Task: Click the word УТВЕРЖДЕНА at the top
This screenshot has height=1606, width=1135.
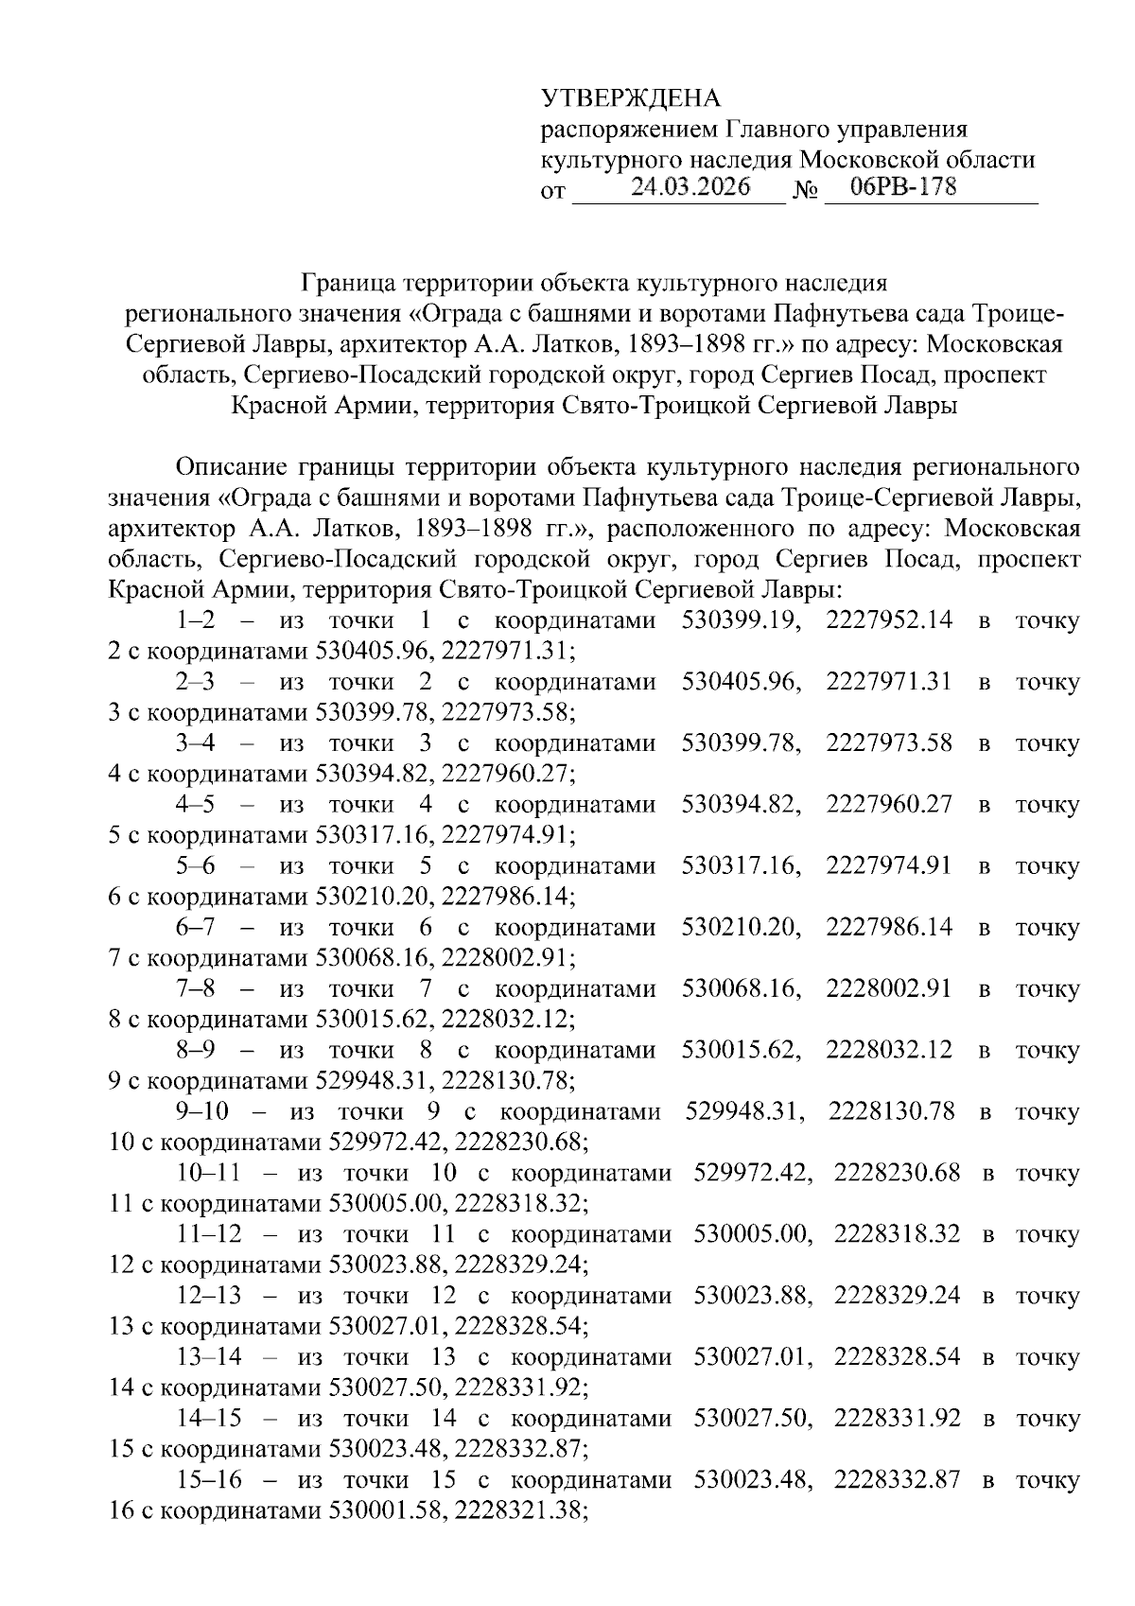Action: point(630,98)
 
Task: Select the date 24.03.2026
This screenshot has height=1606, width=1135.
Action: point(690,187)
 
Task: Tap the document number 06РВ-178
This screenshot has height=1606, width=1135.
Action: point(903,187)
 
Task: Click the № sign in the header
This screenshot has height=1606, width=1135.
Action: point(805,192)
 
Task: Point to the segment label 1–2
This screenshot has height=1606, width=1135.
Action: point(196,621)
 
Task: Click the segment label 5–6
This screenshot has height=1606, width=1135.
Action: point(196,866)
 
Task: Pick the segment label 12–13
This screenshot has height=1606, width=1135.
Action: point(209,1296)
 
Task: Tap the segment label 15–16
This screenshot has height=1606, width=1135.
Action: point(209,1480)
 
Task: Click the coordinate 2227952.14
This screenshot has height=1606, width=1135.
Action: point(889,621)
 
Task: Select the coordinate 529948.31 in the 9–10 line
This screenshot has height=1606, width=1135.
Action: point(744,1112)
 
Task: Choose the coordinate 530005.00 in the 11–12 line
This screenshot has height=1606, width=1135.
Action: point(753,1235)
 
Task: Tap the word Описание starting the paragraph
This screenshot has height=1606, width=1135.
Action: point(231,468)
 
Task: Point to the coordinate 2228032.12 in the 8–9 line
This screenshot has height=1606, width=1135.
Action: point(889,1051)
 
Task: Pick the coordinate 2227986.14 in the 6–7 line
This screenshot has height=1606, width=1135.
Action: point(889,928)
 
